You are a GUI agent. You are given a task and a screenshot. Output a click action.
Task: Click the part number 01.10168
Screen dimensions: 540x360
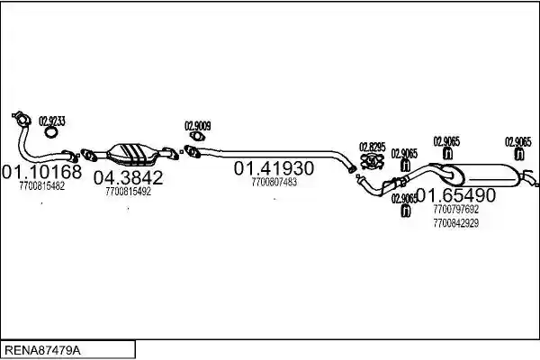click(x=41, y=171)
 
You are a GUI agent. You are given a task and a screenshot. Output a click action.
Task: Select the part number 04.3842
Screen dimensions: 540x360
click(x=128, y=177)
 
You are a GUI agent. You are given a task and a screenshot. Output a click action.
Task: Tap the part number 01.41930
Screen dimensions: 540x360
click(x=274, y=168)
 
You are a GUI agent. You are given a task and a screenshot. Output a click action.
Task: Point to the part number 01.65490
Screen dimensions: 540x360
click(x=456, y=195)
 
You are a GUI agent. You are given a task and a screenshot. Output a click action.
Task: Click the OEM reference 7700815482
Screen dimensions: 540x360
click(x=42, y=186)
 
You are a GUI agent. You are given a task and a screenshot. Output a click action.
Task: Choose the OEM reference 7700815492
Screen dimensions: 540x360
click(x=128, y=192)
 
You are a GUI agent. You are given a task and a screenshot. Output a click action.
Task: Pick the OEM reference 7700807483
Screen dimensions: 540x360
click(x=274, y=182)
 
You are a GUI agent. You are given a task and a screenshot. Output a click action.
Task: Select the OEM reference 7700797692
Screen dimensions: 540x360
click(x=456, y=209)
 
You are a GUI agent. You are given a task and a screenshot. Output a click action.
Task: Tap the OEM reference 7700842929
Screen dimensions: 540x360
click(x=456, y=223)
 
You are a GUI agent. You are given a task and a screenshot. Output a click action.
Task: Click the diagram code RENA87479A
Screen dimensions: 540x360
click(x=42, y=351)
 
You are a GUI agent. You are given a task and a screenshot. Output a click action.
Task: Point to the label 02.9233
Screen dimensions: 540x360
click(x=52, y=121)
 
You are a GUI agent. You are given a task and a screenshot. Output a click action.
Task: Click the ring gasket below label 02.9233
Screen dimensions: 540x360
click(x=51, y=132)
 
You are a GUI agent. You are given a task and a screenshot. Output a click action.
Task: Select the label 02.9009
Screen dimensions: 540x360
click(x=198, y=126)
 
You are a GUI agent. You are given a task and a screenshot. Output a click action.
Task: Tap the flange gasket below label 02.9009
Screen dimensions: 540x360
click(x=197, y=137)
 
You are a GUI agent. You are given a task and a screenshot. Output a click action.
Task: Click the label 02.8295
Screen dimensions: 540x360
click(x=373, y=147)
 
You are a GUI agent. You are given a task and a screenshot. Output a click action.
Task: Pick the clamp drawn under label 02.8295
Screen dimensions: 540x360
click(x=372, y=162)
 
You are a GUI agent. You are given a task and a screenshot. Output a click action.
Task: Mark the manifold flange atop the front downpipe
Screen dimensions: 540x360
click(x=22, y=119)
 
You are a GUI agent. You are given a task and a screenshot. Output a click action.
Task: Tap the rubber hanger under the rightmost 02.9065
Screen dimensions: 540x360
click(x=519, y=154)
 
